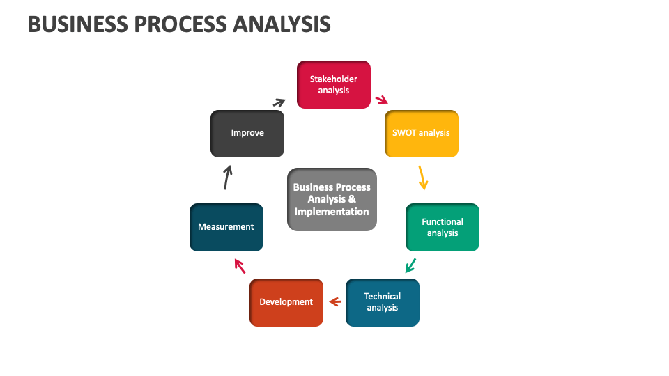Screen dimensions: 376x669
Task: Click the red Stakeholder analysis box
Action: point(333,84)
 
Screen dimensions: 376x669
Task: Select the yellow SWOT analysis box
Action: point(421,133)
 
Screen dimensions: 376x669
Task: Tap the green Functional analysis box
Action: point(442,227)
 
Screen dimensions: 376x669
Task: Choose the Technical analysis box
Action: point(382,302)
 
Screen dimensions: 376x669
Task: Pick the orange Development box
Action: point(286,302)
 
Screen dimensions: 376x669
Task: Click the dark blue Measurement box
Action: point(226,227)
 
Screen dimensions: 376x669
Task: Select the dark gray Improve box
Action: point(247,133)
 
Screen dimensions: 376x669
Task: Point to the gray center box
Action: point(332,199)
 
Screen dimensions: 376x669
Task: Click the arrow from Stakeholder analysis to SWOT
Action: point(381,100)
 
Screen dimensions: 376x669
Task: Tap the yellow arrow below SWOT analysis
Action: point(422,177)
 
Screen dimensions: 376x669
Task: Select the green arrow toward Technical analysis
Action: point(410,265)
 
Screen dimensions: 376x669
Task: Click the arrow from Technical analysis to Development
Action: point(334,301)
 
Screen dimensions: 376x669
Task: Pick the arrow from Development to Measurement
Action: point(240,265)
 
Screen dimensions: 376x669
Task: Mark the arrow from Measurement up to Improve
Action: point(226,178)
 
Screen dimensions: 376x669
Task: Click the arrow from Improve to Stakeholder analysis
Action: point(279,102)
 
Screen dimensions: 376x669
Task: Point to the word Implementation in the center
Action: point(332,212)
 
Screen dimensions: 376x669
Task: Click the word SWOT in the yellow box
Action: point(403,133)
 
